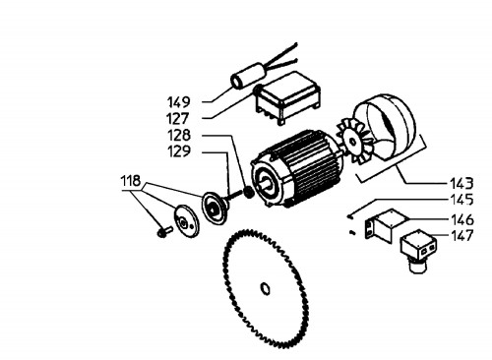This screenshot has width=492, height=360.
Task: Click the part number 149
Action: [x=179, y=102]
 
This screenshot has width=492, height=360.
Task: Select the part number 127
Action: [x=179, y=119]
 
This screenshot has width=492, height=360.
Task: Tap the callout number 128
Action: [x=179, y=135]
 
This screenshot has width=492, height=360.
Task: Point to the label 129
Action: [x=179, y=151]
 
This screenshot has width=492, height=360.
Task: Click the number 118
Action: [x=131, y=181]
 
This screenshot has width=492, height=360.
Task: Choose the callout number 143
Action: [x=461, y=184]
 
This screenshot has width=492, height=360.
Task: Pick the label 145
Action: [x=461, y=200]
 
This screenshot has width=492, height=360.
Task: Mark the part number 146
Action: [x=462, y=219]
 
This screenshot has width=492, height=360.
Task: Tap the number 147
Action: [x=462, y=236]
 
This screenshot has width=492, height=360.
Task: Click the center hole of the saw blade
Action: [x=265, y=288]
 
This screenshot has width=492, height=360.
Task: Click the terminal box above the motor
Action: [x=287, y=97]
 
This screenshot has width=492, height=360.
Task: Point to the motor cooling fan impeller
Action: [x=354, y=142]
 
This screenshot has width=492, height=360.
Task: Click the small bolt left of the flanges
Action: [x=165, y=231]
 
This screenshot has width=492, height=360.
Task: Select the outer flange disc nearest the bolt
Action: [x=186, y=221]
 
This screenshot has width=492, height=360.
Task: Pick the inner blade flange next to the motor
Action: [x=215, y=208]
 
